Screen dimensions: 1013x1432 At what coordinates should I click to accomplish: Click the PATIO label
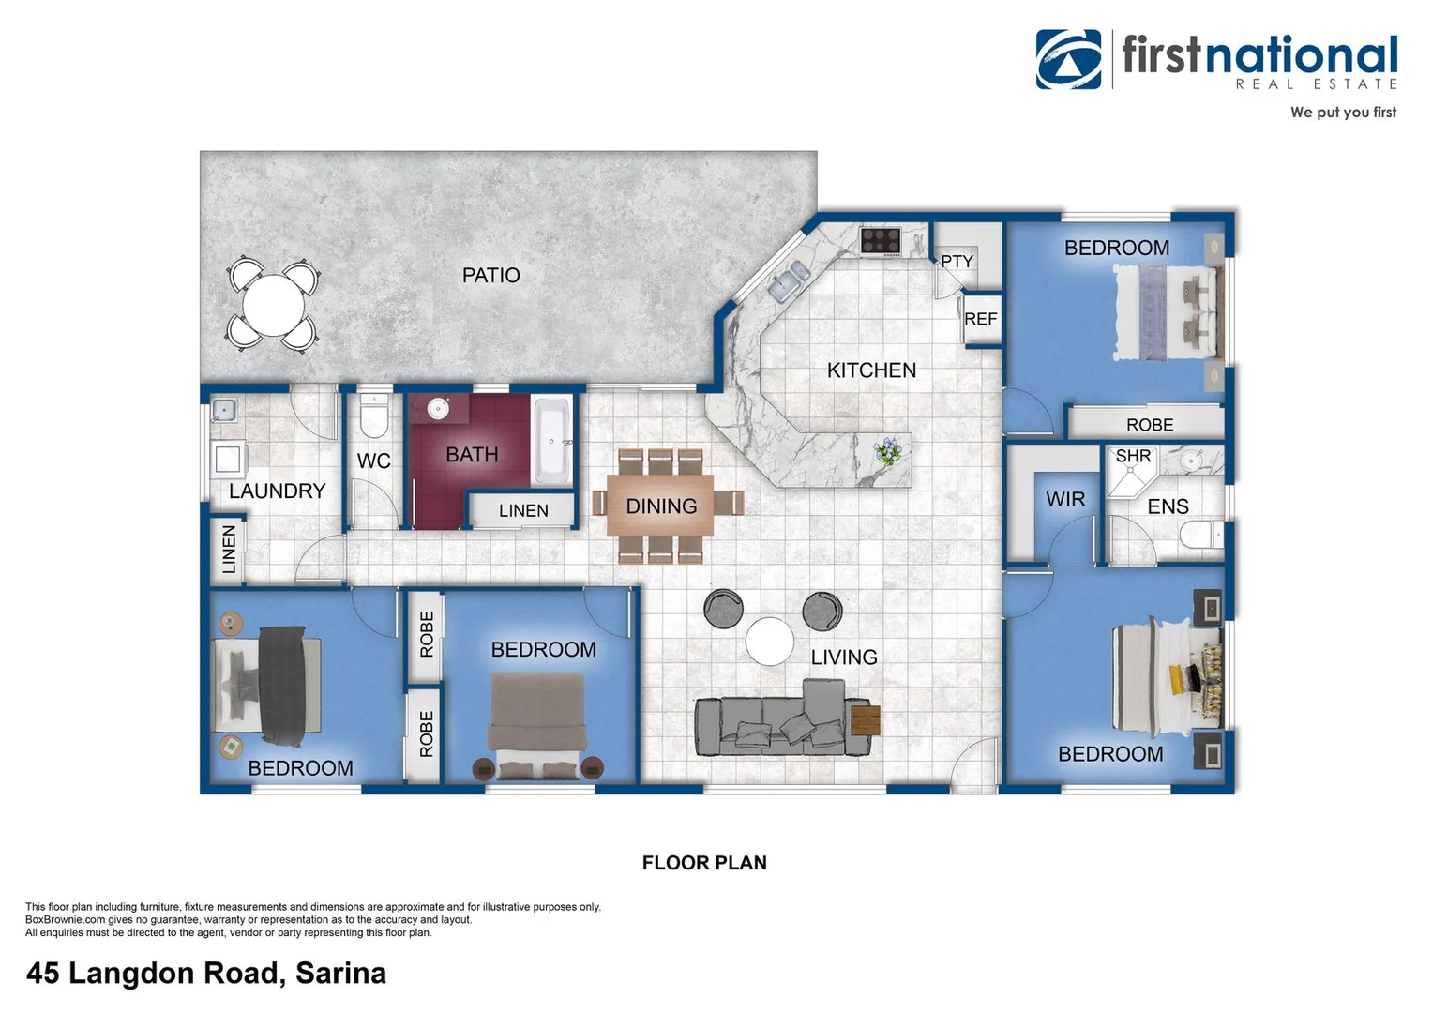click(x=490, y=276)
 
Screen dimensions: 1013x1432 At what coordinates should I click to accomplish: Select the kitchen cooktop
click(x=881, y=241)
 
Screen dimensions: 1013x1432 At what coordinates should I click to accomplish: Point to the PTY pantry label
click(x=957, y=262)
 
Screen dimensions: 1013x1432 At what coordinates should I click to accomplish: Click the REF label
click(x=980, y=319)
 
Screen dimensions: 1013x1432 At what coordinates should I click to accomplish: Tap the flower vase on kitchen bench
click(x=887, y=452)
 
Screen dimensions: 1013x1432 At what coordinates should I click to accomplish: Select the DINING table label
click(x=661, y=506)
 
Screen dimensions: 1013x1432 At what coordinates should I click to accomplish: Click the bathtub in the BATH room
click(x=551, y=441)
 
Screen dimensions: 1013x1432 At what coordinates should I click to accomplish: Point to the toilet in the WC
click(x=374, y=416)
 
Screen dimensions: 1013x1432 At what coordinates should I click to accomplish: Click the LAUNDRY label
click(x=277, y=491)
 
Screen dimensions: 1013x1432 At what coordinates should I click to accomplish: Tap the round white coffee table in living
click(x=770, y=642)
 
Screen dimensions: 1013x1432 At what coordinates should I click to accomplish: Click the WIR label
click(x=1065, y=500)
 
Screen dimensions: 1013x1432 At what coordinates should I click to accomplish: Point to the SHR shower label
click(x=1133, y=457)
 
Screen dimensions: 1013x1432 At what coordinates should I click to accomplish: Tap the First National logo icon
click(x=1068, y=59)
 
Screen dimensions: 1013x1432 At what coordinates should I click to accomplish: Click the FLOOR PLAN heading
click(x=704, y=863)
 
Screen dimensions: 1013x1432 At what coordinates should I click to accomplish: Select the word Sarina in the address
click(x=340, y=974)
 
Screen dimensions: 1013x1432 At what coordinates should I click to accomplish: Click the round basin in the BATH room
click(x=438, y=409)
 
